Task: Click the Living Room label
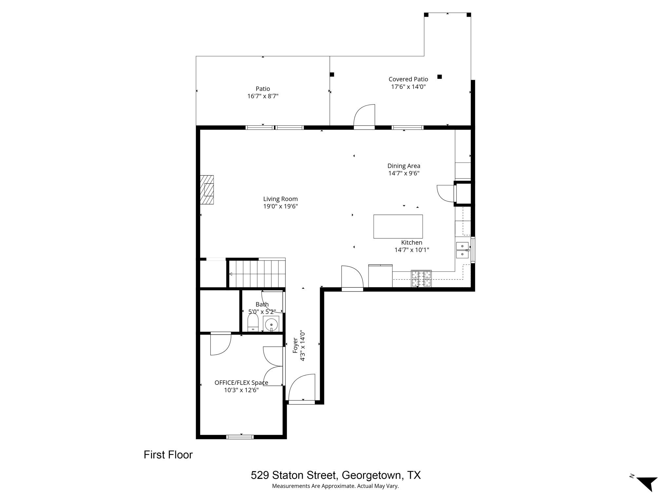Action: click(x=280, y=199)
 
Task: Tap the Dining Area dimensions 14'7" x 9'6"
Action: click(x=404, y=173)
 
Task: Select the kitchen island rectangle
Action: click(x=398, y=226)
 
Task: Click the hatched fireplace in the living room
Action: click(x=207, y=190)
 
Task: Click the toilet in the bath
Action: click(x=253, y=323)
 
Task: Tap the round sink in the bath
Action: click(x=271, y=325)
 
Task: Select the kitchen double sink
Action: click(x=462, y=250)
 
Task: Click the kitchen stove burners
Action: click(x=421, y=279)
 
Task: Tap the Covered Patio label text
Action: click(x=408, y=79)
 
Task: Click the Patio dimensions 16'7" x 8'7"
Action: click(x=263, y=96)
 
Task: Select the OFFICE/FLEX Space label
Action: click(x=241, y=382)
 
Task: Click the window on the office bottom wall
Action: click(x=240, y=437)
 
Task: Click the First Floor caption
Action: click(x=168, y=455)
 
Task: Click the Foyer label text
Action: click(x=295, y=345)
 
